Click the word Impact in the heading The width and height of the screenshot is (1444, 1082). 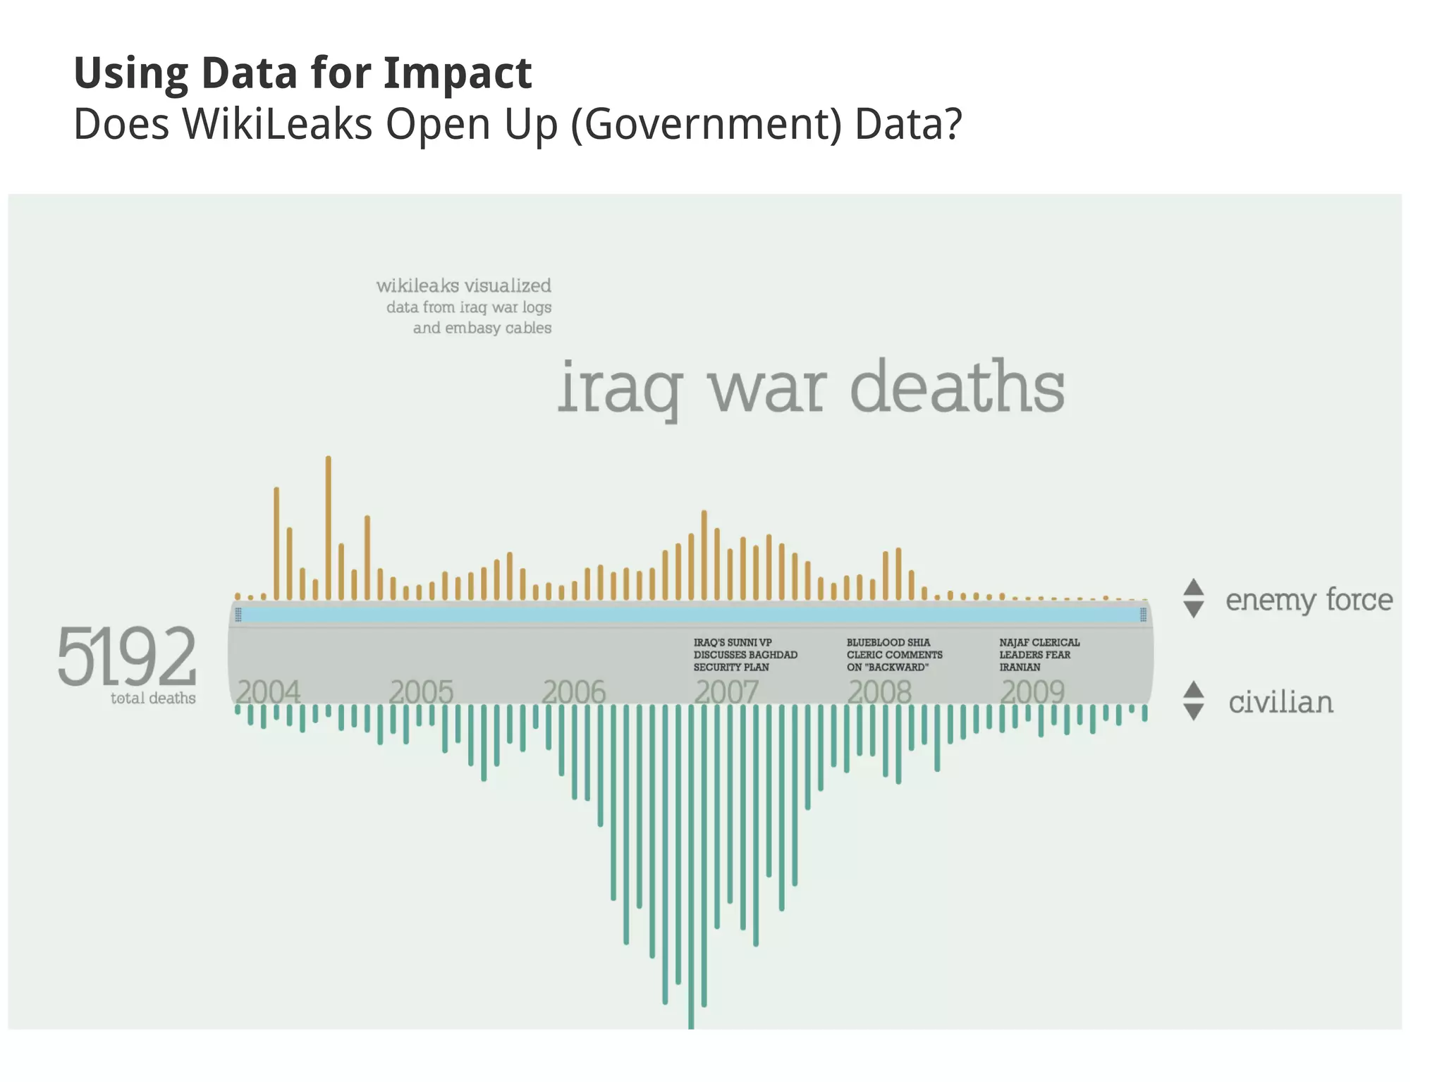click(x=457, y=73)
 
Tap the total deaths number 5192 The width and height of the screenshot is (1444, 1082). click(x=127, y=656)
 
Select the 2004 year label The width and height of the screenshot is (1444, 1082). click(x=268, y=691)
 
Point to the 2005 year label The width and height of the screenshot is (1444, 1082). click(x=421, y=691)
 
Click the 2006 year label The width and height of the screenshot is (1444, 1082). click(x=573, y=691)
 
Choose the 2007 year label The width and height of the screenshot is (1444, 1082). click(x=726, y=691)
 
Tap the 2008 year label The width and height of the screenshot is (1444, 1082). click(x=879, y=691)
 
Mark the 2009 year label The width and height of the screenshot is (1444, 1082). click(x=1032, y=691)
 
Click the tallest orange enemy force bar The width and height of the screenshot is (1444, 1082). click(x=329, y=529)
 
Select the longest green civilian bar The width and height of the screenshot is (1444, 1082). click(x=691, y=867)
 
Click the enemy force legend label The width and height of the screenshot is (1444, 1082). click(x=1309, y=600)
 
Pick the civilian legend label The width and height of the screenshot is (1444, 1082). click(x=1280, y=702)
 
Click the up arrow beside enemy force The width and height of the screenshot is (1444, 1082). click(x=1193, y=586)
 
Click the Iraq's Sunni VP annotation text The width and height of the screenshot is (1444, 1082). click(x=745, y=654)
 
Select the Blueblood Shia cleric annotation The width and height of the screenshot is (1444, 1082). click(x=893, y=654)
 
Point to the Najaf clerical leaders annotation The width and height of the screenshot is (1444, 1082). click(x=1039, y=654)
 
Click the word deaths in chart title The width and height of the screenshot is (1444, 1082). click(x=957, y=387)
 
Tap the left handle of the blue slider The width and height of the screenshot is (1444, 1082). click(x=238, y=615)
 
